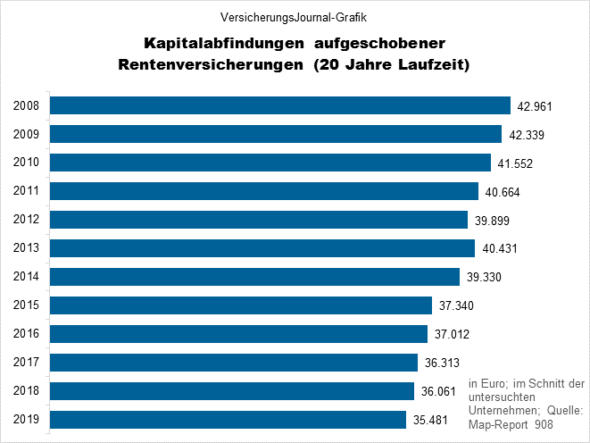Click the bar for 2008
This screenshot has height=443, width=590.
coord(279,105)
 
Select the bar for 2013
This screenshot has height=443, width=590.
coord(262,248)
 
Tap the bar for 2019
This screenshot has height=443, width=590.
coord(229,420)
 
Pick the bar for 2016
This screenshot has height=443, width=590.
coord(239,334)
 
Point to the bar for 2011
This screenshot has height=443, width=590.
coord(264,191)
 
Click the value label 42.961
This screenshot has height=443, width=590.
coord(536,106)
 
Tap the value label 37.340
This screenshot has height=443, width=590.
coord(458,306)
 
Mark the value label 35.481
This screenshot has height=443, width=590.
coord(433,421)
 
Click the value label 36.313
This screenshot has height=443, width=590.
coord(444,364)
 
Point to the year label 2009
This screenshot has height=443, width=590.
coord(26,134)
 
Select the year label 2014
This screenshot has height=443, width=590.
coord(26,277)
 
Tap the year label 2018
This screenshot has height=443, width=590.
coord(26,391)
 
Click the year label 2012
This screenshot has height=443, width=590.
coord(26,220)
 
